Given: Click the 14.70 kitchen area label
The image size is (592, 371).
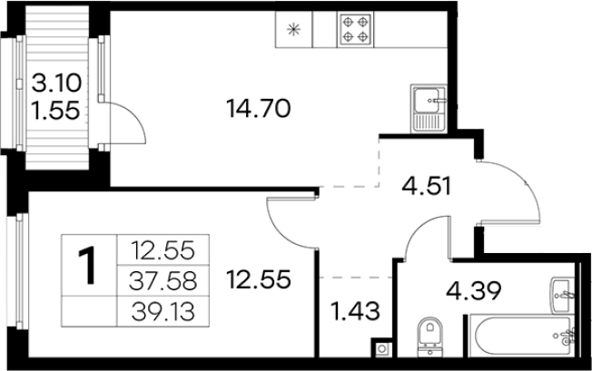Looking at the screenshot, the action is coord(258,109).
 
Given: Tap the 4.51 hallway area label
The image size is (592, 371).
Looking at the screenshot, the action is coord(426,187).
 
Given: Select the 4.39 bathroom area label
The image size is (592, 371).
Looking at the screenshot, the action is coord(473,290).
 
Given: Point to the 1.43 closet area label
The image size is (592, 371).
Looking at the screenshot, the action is coord(355,312).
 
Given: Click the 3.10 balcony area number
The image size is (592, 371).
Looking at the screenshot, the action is coord(56,83).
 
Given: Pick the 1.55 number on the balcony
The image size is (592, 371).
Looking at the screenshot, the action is coord(56,111).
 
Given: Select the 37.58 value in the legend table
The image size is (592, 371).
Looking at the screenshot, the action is coord(163,281).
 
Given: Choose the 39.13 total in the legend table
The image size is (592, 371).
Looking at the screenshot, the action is coord(163,312).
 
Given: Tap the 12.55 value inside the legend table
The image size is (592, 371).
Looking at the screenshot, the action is coord(163,250).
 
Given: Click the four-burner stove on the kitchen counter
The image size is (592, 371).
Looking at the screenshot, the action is coord(355,29).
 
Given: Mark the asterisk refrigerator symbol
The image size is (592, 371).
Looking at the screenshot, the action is coord(293,29).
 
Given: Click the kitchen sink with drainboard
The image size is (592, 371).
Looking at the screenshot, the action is coord(429,108).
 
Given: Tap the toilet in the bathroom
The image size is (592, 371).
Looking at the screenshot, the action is coord(430,336).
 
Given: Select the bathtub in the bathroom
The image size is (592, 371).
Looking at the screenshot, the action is coord(522,336).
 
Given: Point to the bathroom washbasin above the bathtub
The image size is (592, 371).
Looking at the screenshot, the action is coord(563,295).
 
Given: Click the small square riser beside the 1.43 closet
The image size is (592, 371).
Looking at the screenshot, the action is coord(381,348).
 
